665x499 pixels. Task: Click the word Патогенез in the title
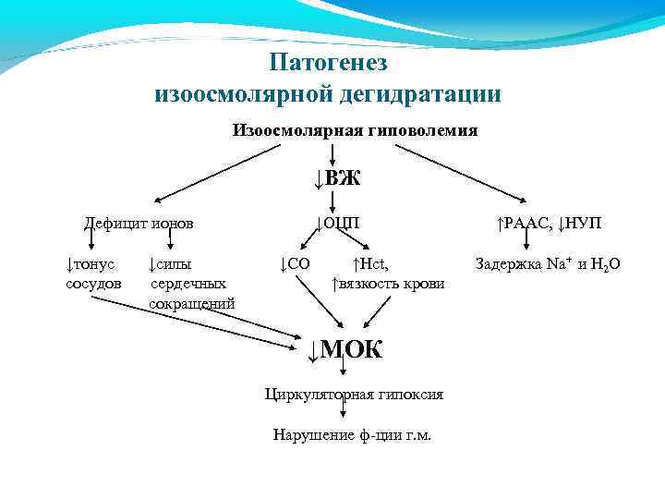click(329, 63)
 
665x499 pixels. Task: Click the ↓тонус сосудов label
click(93, 273)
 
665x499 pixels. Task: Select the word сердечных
click(188, 283)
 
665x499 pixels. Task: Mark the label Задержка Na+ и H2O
click(547, 264)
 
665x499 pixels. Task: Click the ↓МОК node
click(344, 350)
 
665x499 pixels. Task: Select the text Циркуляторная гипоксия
click(354, 395)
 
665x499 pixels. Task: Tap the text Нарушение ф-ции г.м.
click(352, 434)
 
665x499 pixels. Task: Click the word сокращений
click(192, 303)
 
